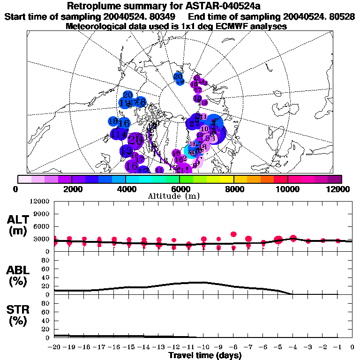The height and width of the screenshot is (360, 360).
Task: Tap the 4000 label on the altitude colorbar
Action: point(126,189)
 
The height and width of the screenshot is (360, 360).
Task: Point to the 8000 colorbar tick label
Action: point(233,189)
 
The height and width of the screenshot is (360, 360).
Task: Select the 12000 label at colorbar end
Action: point(339,189)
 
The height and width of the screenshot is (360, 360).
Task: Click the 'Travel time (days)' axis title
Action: point(205,356)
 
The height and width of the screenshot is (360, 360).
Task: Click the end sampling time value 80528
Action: point(342,16)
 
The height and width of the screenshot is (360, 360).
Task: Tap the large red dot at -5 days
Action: point(278,240)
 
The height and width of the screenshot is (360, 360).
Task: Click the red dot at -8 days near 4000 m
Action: point(234,234)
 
